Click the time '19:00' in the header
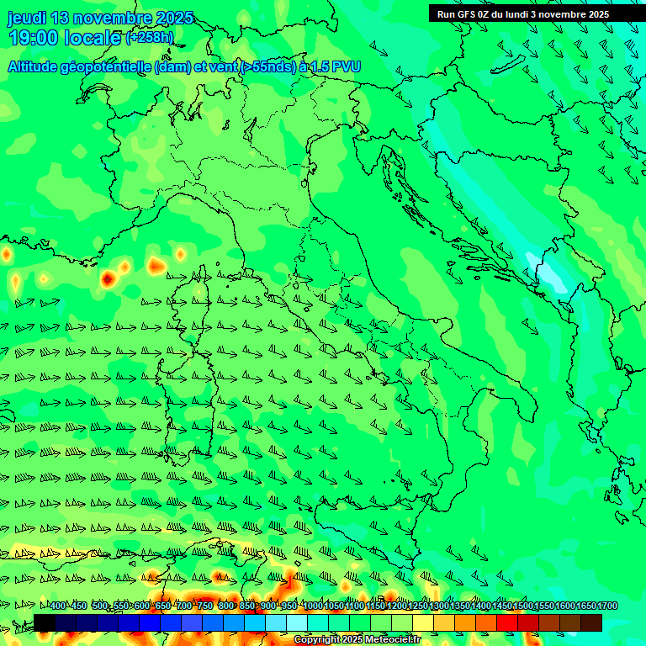click(36, 38)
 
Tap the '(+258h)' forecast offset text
click(151, 38)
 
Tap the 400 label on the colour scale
click(58, 606)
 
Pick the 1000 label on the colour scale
click(312, 606)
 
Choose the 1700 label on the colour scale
click(606, 606)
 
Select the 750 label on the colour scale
click(205, 606)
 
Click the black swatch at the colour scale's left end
click(45, 622)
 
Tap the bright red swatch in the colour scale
click(506, 622)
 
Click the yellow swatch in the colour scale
click(422, 622)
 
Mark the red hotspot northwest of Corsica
click(108, 278)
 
